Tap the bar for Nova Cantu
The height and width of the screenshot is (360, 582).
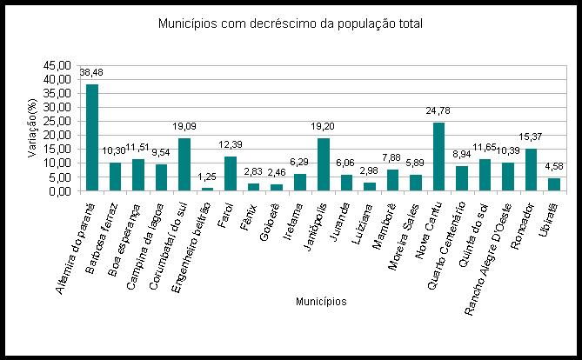(438, 157)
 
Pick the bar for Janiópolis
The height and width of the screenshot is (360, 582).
(324, 164)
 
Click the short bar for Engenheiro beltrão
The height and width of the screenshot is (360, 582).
(207, 189)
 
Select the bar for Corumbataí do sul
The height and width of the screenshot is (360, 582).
(184, 164)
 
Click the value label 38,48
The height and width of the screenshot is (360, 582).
(91, 72)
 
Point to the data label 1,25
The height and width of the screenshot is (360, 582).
(207, 177)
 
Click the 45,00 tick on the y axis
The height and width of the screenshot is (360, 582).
(58, 65)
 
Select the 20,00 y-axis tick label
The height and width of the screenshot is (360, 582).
(58, 135)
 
